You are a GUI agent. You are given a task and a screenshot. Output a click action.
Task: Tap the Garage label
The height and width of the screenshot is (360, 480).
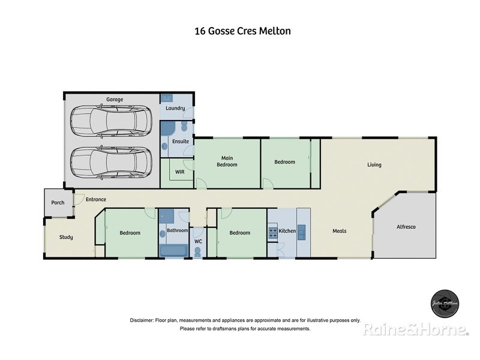tap(115, 99)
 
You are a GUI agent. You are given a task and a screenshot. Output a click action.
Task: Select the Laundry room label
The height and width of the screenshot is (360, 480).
tap(175, 109)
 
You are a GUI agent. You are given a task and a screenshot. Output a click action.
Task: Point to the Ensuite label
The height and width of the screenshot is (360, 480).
tap(181, 142)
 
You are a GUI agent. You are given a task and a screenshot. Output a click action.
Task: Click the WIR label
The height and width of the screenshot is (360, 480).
tap(179, 172)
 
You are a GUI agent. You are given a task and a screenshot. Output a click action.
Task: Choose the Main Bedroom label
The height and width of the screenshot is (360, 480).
tap(227, 161)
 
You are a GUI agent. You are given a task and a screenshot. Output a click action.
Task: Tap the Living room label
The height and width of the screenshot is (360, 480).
tap(374, 165)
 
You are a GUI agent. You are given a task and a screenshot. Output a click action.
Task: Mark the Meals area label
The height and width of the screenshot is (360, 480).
tap(340, 231)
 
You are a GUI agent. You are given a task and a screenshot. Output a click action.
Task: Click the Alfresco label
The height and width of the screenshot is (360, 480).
tap(406, 227)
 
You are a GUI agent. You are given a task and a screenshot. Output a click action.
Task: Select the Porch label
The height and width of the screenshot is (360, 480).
tap(58, 203)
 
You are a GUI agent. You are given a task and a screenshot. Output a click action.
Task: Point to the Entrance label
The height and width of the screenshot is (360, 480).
tap(95, 199)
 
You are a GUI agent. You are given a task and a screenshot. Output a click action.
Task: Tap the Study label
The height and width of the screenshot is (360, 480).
tap(66, 237)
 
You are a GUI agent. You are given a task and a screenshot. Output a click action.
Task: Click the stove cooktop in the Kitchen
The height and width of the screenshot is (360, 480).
tap(272, 232)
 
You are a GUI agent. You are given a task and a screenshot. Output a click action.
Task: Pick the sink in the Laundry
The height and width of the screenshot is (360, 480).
tap(167, 98)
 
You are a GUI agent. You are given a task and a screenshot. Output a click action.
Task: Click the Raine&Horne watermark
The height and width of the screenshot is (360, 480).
tap(415, 329)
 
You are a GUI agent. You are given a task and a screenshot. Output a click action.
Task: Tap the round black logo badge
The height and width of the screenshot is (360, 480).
tap(445, 303)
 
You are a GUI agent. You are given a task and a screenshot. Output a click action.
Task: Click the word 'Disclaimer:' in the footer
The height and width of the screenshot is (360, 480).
tap(142, 320)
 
